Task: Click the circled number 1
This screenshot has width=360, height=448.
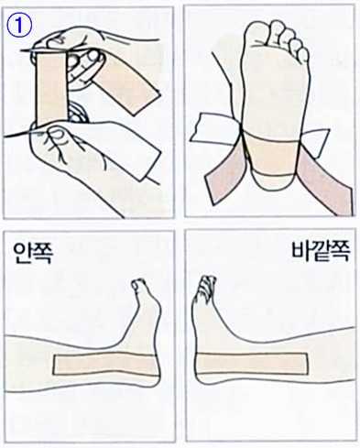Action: click(x=19, y=26)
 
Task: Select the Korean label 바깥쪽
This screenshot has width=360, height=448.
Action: click(x=320, y=254)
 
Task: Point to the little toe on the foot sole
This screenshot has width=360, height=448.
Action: click(x=304, y=56)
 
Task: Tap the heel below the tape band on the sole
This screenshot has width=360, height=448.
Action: click(x=274, y=182)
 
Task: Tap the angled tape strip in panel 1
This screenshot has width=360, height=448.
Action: click(x=127, y=84)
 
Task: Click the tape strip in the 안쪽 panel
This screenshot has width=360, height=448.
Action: click(x=104, y=364)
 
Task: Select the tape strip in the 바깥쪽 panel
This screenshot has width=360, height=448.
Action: click(x=251, y=364)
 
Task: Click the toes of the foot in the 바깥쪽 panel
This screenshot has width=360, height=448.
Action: click(x=206, y=286)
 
